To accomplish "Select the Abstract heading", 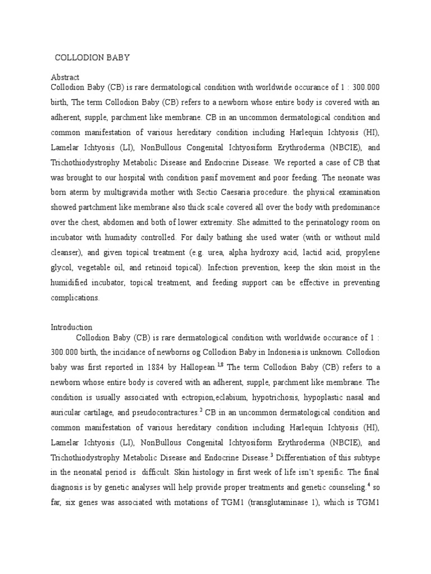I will (65, 77).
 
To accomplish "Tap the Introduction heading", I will (72, 327).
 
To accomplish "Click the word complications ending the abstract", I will (75, 298).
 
